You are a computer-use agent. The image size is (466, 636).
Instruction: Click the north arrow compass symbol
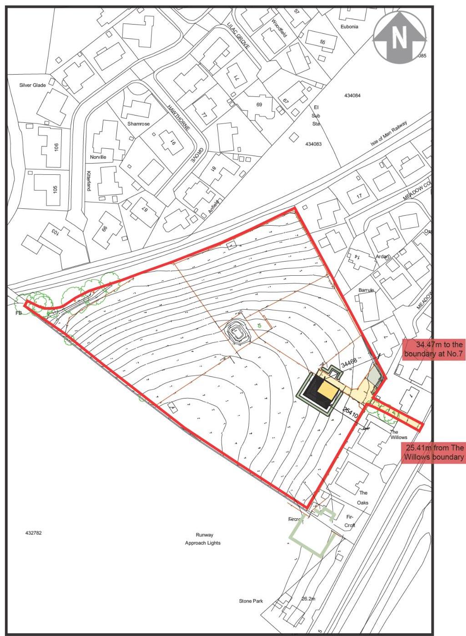(399, 37)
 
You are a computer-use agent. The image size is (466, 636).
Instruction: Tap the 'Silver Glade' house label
(32, 85)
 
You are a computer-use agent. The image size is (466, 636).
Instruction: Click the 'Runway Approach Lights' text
(203, 539)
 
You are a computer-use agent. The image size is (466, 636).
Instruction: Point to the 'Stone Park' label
(251, 601)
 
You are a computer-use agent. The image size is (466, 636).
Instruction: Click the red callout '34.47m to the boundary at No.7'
(433, 349)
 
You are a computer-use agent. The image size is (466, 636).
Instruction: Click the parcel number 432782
(33, 532)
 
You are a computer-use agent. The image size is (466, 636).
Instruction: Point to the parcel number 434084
(352, 96)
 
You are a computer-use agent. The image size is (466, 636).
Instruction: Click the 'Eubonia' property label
(349, 27)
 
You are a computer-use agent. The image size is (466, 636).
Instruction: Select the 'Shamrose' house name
(138, 124)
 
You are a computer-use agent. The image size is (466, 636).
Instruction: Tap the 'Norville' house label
(98, 157)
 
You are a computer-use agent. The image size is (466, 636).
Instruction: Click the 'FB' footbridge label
(19, 313)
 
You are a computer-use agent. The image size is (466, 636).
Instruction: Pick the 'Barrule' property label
(366, 290)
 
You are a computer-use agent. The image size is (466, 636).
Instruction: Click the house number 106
(56, 147)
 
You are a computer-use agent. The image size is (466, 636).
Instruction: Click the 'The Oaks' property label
(363, 498)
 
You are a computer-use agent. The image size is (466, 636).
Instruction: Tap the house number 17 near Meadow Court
(360, 196)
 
